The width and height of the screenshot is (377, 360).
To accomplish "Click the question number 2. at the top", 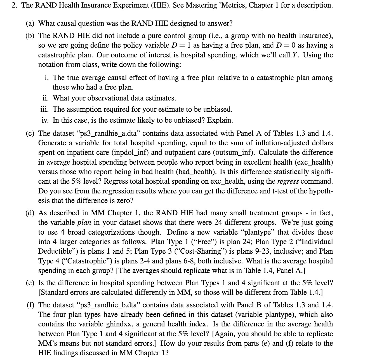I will pyautogui.click(x=15, y=5).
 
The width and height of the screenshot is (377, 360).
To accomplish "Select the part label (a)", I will pyautogui.click(x=30, y=23).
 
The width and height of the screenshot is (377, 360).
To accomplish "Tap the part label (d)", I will pyautogui.click(x=30, y=213).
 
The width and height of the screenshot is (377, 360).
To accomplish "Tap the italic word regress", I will pyautogui.click(x=288, y=181).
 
